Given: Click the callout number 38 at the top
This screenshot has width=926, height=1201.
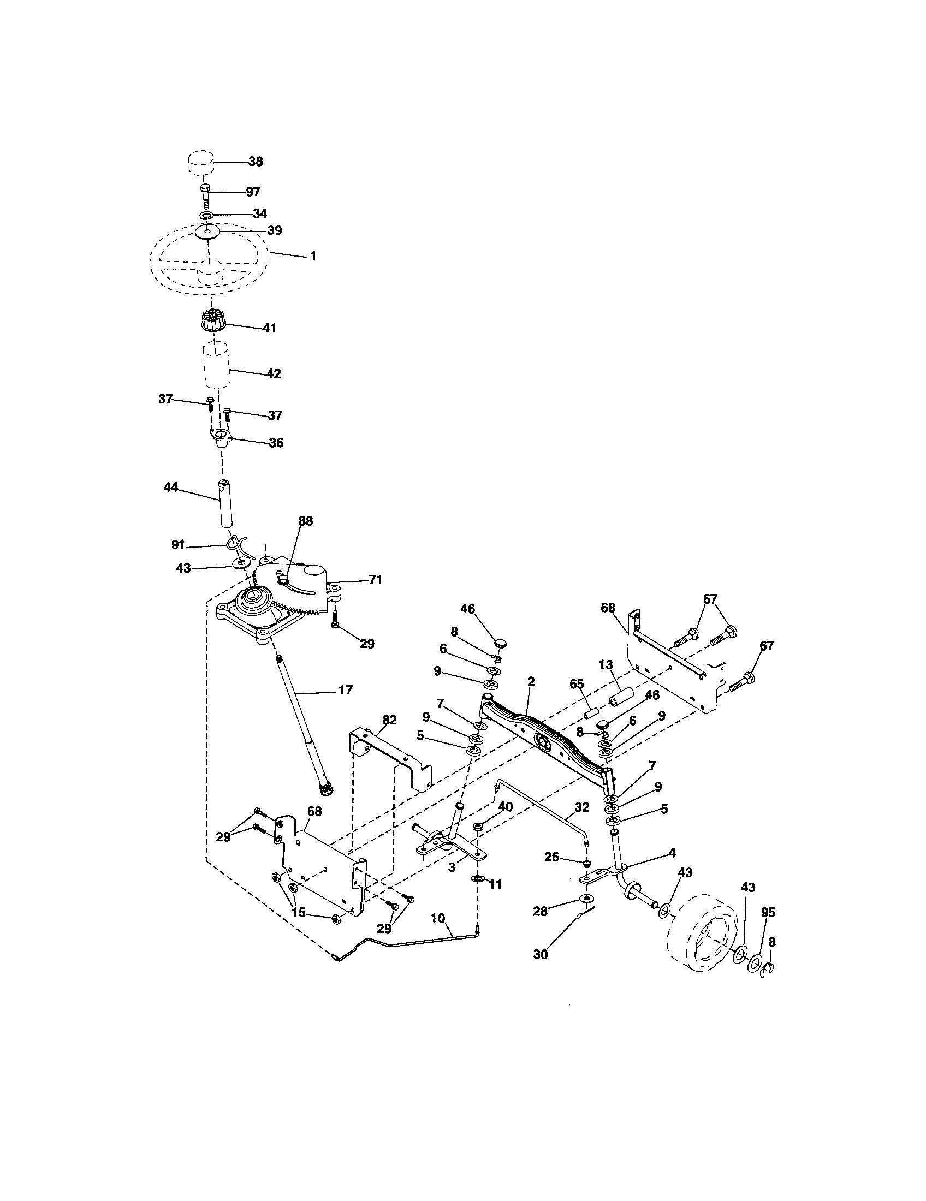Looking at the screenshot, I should pyautogui.click(x=255, y=162).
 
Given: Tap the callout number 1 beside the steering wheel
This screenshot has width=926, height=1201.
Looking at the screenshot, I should pyautogui.click(x=313, y=256).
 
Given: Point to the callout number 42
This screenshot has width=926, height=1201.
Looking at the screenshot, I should pyautogui.click(x=274, y=374).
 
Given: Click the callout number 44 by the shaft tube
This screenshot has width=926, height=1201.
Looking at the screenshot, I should pyautogui.click(x=171, y=487).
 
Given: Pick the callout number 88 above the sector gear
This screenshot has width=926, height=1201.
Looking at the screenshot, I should pyautogui.click(x=305, y=521).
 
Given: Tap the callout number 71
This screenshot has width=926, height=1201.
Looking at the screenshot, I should pyautogui.click(x=375, y=580).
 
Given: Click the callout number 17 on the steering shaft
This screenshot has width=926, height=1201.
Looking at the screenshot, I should pyautogui.click(x=345, y=690).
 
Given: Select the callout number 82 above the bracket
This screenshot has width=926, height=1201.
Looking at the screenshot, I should pyautogui.click(x=389, y=721).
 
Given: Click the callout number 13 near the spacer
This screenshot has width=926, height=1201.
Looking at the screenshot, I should pyautogui.click(x=606, y=665).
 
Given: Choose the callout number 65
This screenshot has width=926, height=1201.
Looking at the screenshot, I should pyautogui.click(x=577, y=685).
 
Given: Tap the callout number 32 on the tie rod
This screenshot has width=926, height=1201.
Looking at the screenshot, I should pyautogui.click(x=581, y=807).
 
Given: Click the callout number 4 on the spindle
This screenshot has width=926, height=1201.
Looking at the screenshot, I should pyautogui.click(x=672, y=853).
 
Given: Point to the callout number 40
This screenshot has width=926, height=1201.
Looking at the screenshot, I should pyautogui.click(x=506, y=806).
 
